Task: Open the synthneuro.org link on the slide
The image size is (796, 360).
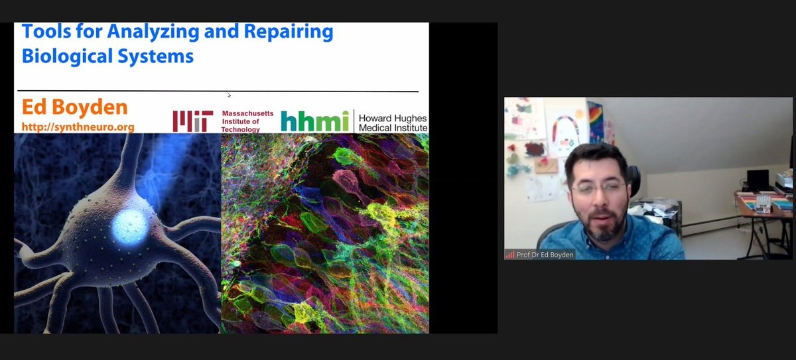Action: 78,126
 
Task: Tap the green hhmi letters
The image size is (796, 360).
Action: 314,121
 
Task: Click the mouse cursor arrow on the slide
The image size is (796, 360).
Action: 230,95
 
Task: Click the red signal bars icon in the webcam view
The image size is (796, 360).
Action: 510,255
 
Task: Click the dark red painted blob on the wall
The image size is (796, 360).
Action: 535,149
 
